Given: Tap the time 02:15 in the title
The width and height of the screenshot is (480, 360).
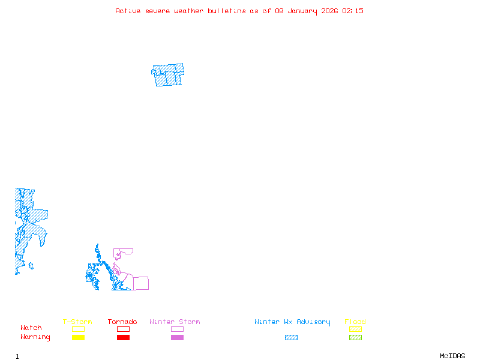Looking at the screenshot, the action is pos(352,11).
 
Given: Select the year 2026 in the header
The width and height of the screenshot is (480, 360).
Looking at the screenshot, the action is pos(329,11).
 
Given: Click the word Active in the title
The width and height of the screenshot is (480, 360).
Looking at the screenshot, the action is pos(128,11).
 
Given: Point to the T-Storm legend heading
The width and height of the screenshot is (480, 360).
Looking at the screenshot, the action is pos(77,322).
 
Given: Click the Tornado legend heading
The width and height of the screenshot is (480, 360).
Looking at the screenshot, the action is pos(122,322).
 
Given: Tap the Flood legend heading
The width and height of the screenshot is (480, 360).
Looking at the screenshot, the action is pos(355,322).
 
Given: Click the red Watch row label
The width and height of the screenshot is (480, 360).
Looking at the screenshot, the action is pos(31,328).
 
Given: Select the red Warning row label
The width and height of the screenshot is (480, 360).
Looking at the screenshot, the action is pos(35,337).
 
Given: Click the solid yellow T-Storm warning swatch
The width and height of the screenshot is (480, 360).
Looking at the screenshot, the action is pos(78,338).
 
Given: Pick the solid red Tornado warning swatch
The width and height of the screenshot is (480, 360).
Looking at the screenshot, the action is pos(123,338).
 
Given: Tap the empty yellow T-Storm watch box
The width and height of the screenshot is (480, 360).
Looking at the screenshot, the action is pos(78,329).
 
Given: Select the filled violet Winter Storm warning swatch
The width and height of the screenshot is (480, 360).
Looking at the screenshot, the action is pos(177,338).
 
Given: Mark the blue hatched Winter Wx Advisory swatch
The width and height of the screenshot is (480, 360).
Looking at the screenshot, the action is pos(291,338).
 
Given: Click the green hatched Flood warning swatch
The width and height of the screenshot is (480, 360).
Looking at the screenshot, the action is pos(355,338).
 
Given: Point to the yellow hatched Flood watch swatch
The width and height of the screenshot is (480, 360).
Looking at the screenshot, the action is pos(355,329).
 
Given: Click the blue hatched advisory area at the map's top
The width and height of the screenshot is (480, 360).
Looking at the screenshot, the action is pos(168,75).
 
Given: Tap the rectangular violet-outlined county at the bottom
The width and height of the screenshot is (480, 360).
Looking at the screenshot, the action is pos(141,283).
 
